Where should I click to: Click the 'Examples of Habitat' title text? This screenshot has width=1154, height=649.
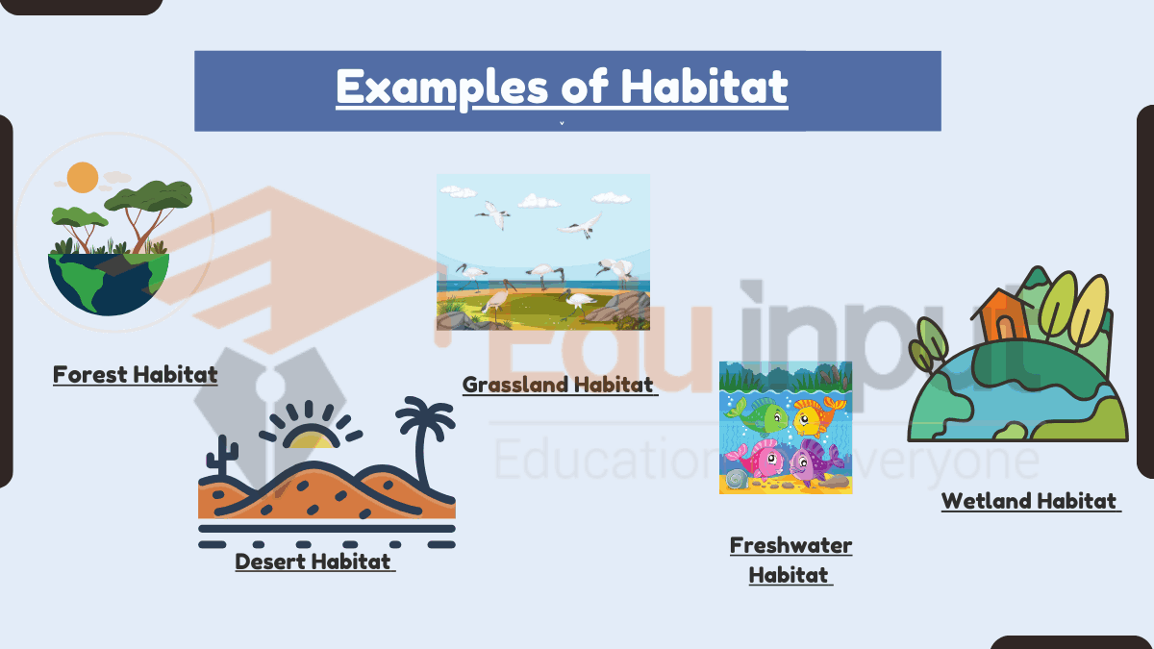pyautogui.click(x=562, y=87)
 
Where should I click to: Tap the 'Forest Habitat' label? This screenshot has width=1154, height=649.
pyautogui.click(x=135, y=374)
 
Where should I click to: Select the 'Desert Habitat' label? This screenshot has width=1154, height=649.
pyautogui.click(x=314, y=562)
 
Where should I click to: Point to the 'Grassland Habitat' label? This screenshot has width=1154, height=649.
pyautogui.click(x=560, y=385)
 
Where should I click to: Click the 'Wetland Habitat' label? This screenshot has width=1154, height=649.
pyautogui.click(x=1030, y=501)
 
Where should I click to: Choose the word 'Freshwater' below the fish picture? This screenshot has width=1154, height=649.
pyautogui.click(x=790, y=545)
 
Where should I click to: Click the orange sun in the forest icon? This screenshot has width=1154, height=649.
pyautogui.click(x=83, y=177)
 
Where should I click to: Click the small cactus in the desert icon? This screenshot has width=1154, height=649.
pyautogui.click(x=222, y=456)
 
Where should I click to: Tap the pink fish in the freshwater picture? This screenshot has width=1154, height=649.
pyautogui.click(x=758, y=459)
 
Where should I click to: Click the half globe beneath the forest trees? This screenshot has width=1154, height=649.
pyautogui.click(x=109, y=285)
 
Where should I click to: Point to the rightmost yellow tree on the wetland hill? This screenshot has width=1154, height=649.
pyautogui.click(x=1090, y=309)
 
